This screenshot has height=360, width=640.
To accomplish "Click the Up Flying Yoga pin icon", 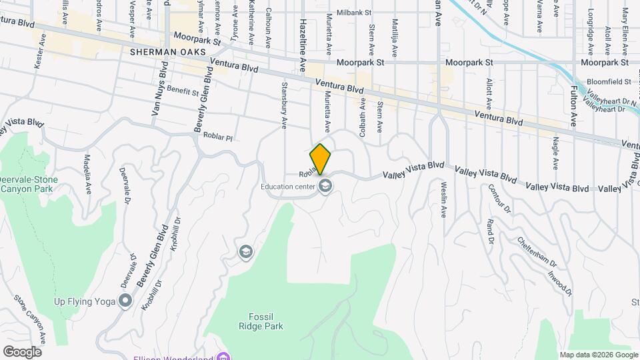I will [125, 301].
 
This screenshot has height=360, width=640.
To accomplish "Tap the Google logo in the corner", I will [21, 351].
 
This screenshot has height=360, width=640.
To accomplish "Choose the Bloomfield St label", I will [609, 81].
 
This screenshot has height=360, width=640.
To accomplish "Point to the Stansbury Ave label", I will [283, 105].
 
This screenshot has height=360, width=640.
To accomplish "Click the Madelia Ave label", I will [87, 173].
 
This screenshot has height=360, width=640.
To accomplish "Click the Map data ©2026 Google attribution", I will [597, 354].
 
